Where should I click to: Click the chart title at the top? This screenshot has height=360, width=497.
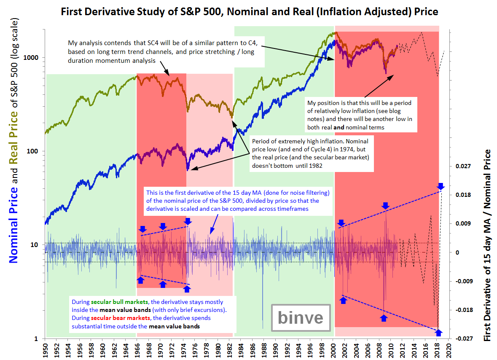click(250, 11)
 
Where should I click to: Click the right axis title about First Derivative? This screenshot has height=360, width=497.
click(488, 245)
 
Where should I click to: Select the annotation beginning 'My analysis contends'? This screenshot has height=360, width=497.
click(165, 52)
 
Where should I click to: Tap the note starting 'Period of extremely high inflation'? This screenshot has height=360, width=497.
click(312, 153)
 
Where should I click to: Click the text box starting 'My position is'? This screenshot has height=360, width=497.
click(360, 115)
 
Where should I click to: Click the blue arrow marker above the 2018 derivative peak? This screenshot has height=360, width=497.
click(441, 186)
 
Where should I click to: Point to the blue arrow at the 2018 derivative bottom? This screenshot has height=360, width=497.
click(438, 333)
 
